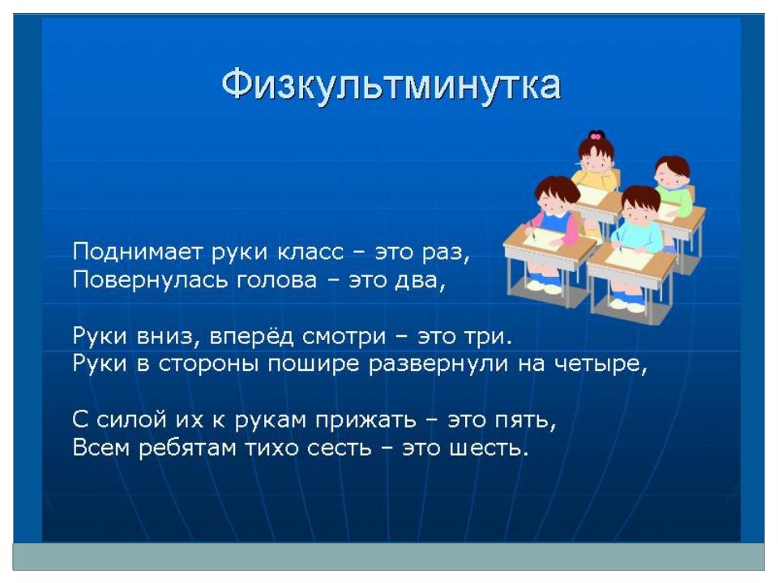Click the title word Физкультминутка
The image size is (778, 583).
point(391,85)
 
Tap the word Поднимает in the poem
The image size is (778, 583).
point(139,252)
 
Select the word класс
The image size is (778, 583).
point(310,252)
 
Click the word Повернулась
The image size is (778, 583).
point(151,280)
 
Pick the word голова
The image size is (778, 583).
point(276,281)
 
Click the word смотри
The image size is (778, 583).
point(344,337)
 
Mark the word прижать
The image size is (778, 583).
point(365,421)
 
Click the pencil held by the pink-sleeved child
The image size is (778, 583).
point(532,229)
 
